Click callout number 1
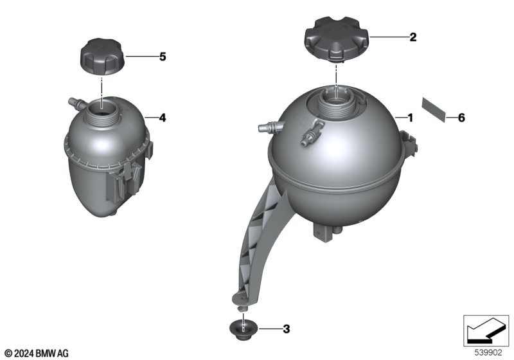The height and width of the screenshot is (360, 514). [410, 118]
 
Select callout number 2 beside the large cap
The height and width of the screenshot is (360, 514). [413, 37]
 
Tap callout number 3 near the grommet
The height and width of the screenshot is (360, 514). [287, 329]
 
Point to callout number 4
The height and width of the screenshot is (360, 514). [163, 118]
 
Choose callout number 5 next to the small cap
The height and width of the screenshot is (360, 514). [163, 57]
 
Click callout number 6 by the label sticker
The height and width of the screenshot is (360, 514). [461, 118]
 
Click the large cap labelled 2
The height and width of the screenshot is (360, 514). [337, 40]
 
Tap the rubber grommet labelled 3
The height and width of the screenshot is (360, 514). [244, 330]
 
